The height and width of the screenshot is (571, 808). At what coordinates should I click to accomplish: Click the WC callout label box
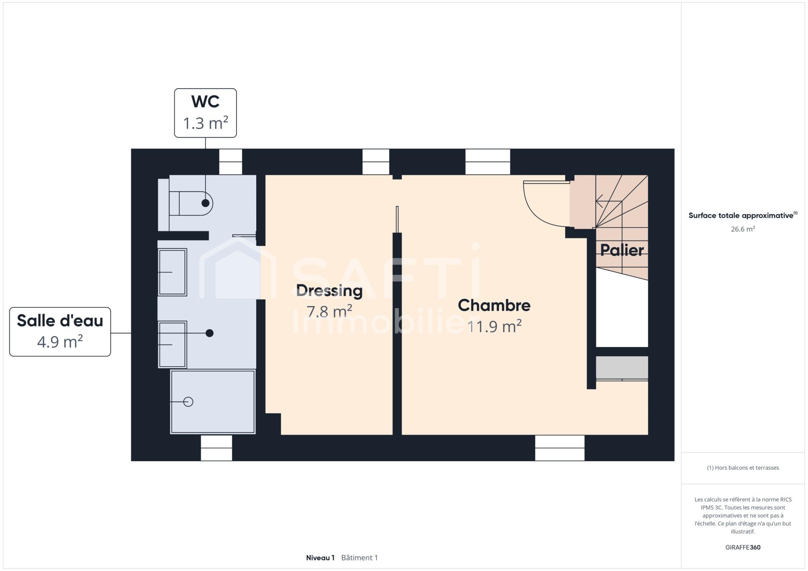pos(205,113)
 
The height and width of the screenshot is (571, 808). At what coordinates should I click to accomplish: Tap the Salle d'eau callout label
pos(60,332)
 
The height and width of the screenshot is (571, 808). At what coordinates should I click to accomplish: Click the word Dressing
pos(329,291)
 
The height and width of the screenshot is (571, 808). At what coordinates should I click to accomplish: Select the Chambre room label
pos(494,305)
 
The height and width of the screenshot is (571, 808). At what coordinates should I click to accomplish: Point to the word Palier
pos(622,250)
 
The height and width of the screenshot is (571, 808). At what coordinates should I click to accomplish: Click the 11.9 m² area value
pos(494,326)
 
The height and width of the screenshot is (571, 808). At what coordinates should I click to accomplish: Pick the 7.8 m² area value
pos(329,312)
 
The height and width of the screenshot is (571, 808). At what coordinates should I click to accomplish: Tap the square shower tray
pos(213,402)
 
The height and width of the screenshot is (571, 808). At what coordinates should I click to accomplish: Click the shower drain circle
pos(189,402)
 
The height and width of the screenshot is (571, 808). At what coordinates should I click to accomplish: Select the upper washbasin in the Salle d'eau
pos(173,272)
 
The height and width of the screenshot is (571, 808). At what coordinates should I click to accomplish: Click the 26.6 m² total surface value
pos(743,229)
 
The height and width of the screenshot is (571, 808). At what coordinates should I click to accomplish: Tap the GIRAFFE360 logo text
pos(743,547)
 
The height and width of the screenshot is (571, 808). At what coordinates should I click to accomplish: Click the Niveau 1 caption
pos(320,558)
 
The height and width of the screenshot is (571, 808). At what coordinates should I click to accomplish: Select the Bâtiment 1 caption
pos(359,558)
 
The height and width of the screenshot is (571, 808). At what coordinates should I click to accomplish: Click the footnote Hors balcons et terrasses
pos(743,468)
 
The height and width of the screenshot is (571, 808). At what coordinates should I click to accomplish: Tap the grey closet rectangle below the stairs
pos(622,367)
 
